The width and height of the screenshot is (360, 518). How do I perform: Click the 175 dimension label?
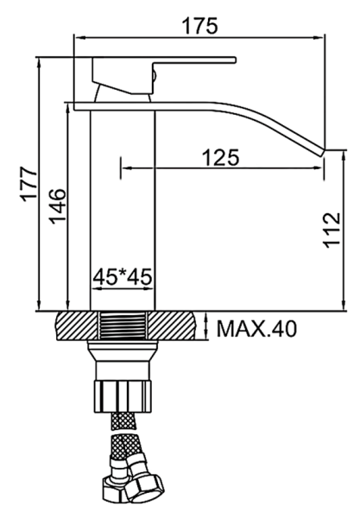tap(200, 25)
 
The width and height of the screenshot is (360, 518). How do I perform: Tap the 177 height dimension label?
tap(29, 185)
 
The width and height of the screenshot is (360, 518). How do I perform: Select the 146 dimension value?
tap(58, 206)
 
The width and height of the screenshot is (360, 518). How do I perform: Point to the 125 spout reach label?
tap(221, 158)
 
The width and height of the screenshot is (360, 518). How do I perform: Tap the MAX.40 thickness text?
tap(256, 328)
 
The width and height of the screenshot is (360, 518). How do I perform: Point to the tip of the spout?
tap(323, 153)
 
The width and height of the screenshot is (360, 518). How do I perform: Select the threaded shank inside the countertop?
tap(123, 325)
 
